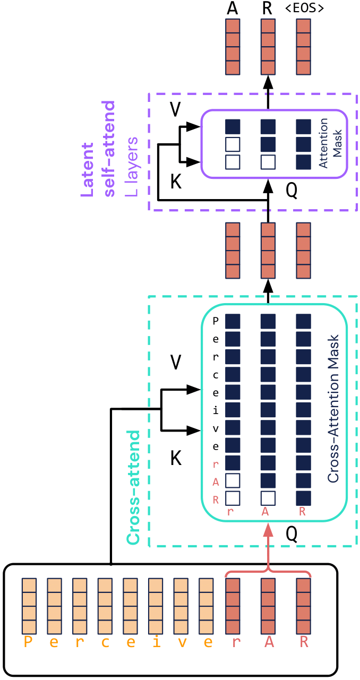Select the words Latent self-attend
point(98,162)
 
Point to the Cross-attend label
point(133,487)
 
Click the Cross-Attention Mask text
point(333,408)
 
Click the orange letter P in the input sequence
point(29,642)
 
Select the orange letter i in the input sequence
point(156,642)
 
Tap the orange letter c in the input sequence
point(105,642)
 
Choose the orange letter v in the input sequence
point(182,642)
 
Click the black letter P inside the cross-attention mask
point(216,321)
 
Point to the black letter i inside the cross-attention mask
point(216,410)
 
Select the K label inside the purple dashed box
point(176,182)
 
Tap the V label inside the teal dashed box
point(176,363)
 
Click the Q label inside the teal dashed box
point(292,534)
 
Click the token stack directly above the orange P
point(29,606)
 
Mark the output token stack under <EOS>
point(303,47)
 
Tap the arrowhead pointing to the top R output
point(268,82)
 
